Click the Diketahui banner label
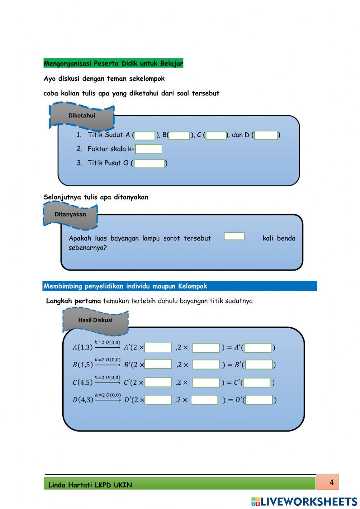[x=82, y=116]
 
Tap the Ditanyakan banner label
[x=70, y=214]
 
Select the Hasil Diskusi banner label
[x=95, y=320]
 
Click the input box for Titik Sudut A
[x=145, y=135]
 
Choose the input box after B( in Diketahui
[x=179, y=135]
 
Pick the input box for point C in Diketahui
[x=216, y=135]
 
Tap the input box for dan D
[x=266, y=135]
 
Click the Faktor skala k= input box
[x=148, y=149]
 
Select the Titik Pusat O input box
[x=149, y=164]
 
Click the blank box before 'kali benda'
[x=234, y=236]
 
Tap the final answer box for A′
[x=257, y=348]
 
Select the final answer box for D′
[x=259, y=400]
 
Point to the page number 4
[x=332, y=482]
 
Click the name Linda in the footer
[x=57, y=485]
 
